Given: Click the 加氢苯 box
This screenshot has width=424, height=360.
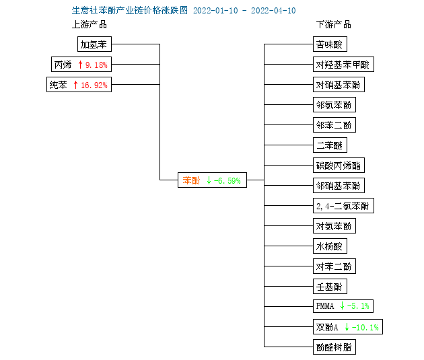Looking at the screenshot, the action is pos(94,44).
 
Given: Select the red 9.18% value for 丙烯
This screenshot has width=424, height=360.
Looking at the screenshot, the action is pos(96,65).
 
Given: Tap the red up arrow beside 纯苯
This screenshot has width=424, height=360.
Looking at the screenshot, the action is pos(75,85).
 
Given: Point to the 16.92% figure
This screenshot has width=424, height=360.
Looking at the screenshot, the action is pos(94,85).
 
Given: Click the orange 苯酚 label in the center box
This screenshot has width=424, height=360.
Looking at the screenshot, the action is pos(191,180).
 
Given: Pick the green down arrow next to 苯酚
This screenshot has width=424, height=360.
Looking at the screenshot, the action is pos(209,180).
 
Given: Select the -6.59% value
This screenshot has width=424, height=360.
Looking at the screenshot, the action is pos(227,180).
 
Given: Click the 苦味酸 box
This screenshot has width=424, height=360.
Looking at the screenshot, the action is pos(330,44).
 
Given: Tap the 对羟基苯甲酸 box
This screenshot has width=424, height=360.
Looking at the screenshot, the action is pos(343,65).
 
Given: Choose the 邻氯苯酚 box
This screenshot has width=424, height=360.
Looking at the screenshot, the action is pos(334,104).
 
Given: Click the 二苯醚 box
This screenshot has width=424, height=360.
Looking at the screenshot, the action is pos(330,145).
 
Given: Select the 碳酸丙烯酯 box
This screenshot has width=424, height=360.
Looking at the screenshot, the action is pos(339,165).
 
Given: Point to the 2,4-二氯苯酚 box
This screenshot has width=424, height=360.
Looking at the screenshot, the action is pos(343,206).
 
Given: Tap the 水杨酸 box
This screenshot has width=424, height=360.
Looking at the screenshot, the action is pos(330,246).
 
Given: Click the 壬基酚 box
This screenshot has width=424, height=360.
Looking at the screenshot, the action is pos(330,286).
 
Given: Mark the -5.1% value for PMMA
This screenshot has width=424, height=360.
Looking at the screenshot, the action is pos(358,306).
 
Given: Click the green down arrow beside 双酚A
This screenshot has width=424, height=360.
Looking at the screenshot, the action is pos(347,327).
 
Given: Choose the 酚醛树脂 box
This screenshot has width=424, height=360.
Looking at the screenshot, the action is pos(334,347).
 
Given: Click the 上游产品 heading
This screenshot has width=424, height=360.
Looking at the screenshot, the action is pos(90,25).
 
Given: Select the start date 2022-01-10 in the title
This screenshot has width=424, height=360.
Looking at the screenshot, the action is pos(215,11).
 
